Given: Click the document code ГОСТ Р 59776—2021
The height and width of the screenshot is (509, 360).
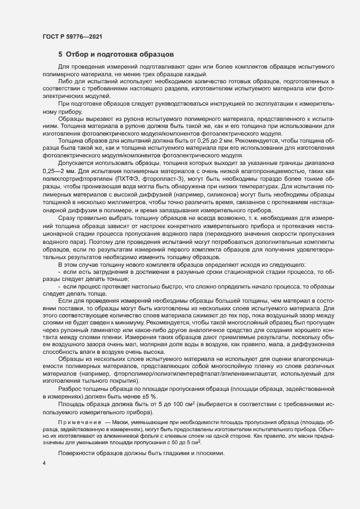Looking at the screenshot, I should [x=71, y=36].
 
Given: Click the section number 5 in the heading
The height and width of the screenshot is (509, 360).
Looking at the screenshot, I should [x=60, y=54].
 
